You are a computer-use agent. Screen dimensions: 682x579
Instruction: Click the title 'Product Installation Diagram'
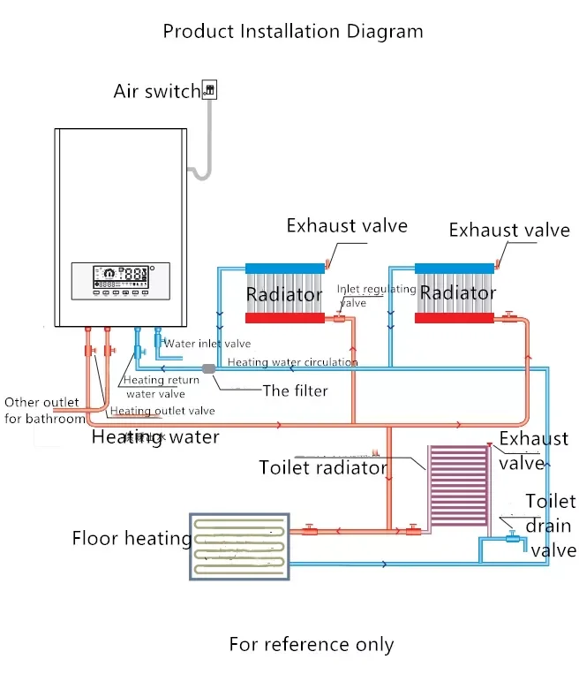pos(293,32)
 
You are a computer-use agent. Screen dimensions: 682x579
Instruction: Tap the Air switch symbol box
pos(209,88)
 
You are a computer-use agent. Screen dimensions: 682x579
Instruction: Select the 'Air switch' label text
pos(157,91)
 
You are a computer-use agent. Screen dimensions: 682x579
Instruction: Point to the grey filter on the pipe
pos(209,368)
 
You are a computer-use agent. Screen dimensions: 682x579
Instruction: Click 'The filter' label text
pos(295,390)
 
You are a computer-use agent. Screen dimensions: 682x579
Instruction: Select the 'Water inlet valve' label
pos(208,344)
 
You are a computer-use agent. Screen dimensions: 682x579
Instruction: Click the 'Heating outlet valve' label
pos(162,411)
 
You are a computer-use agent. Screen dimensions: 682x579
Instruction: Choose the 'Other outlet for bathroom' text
pos(41,411)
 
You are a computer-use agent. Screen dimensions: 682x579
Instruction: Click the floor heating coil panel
pos(239,546)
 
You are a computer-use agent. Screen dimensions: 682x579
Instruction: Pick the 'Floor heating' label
pos(132,538)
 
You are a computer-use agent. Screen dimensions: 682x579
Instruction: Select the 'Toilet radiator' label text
pos(323,467)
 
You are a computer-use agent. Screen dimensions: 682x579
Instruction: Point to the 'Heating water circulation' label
pos(292,362)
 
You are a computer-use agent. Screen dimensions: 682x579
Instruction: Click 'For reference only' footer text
pos(311,644)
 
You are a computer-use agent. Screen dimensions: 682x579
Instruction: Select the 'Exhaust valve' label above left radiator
pos(347,225)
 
